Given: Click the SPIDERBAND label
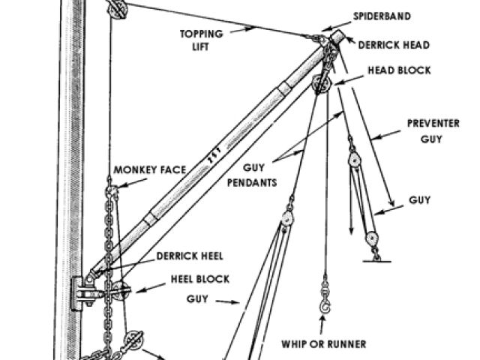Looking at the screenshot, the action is pyautogui.click(x=382, y=15).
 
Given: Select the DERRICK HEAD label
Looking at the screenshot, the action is pyautogui.click(x=393, y=45).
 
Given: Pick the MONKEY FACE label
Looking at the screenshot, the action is pyautogui.click(x=149, y=170).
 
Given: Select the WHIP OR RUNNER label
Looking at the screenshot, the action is pyautogui.click(x=324, y=344).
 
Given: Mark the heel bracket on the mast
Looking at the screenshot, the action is pyautogui.click(x=80, y=292).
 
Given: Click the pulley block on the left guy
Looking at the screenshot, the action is pyautogui.click(x=286, y=218).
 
